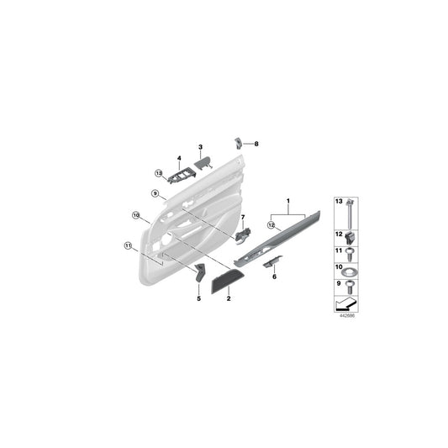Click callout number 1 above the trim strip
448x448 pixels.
pyautogui.click(x=287, y=202)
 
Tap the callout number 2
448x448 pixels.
pyautogui.click(x=230, y=298)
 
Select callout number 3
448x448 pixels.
pyautogui.click(x=201, y=148)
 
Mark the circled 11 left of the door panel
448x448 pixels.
pyautogui.click(x=128, y=246)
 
